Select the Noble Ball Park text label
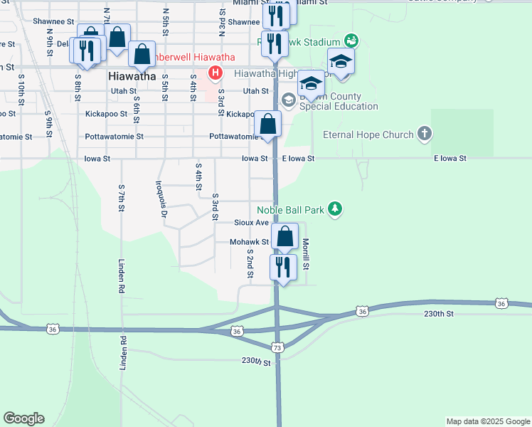tap(291, 209)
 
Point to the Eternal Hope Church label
tap(368, 135)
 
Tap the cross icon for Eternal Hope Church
tap(424, 133)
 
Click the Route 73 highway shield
tap(277, 347)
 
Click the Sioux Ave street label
tap(252, 223)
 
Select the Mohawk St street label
tap(249, 242)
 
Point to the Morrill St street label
tap(306, 254)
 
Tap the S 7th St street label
tap(122, 202)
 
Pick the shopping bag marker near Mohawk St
tap(284, 236)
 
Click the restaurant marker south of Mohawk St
tap(283, 268)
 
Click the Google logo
tap(23, 418)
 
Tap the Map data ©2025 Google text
tap(487, 421)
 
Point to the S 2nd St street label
tap(250, 263)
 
